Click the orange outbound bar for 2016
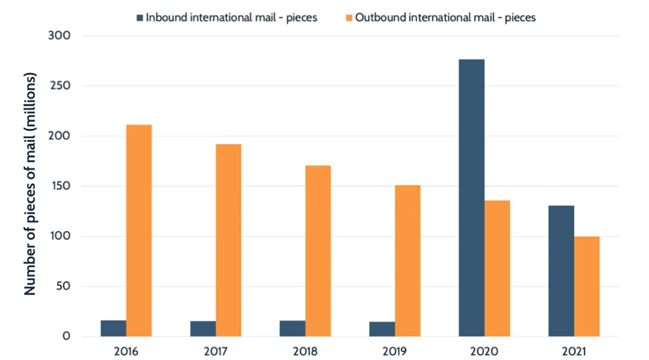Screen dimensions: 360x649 click(x=139, y=230)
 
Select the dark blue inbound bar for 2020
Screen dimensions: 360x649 click(x=471, y=198)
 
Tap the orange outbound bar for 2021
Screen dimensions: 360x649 click(x=587, y=286)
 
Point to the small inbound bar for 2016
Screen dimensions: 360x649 click(x=114, y=328)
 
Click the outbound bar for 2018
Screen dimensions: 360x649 click(x=318, y=250)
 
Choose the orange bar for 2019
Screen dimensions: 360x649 click(x=408, y=261)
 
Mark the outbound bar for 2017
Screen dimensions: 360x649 click(x=228, y=240)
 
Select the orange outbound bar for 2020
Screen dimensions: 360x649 click(x=497, y=268)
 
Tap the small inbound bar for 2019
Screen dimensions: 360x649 click(x=382, y=329)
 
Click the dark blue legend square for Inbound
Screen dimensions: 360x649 click(x=138, y=18)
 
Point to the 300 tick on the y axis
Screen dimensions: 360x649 click(x=59, y=36)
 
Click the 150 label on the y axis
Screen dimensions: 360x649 click(x=60, y=186)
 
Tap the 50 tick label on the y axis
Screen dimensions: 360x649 click(x=62, y=287)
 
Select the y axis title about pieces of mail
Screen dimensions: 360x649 click(x=31, y=185)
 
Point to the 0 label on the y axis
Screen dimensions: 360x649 click(x=66, y=337)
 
